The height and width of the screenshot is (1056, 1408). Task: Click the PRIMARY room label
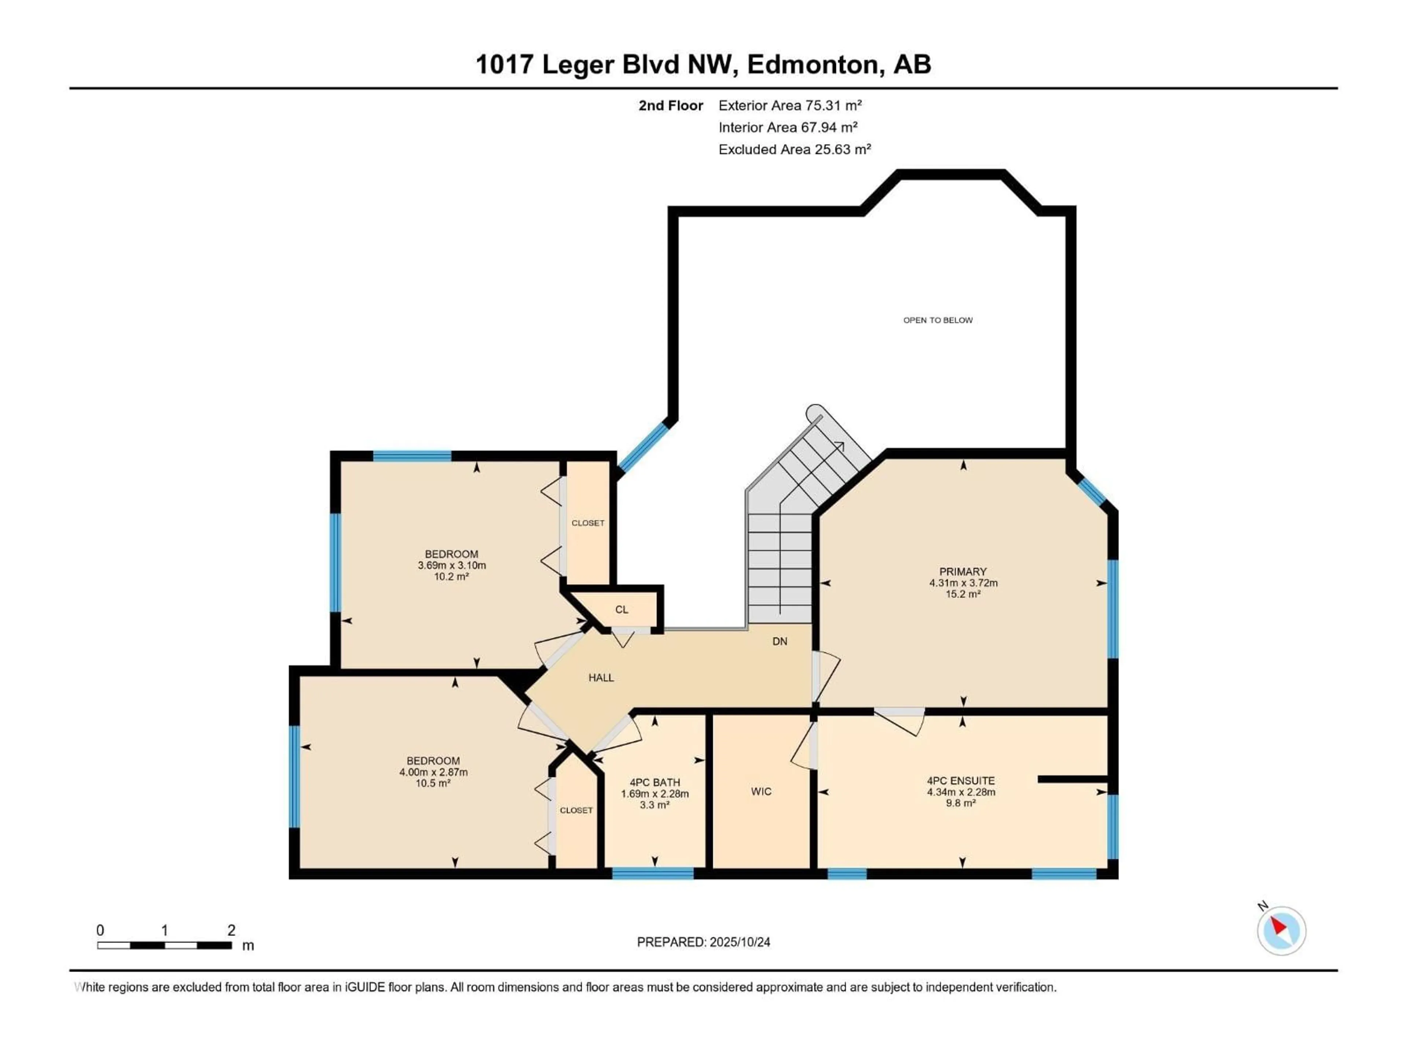click(962, 572)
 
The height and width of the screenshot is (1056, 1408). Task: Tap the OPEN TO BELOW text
click(938, 320)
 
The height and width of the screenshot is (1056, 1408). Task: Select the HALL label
click(601, 678)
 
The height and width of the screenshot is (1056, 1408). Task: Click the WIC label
click(761, 791)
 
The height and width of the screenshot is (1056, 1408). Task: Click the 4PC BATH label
click(654, 783)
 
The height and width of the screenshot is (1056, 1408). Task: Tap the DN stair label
click(780, 642)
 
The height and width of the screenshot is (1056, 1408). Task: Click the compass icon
click(1281, 931)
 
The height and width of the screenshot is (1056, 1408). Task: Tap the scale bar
click(164, 945)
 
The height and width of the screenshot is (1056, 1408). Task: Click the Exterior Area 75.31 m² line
click(790, 106)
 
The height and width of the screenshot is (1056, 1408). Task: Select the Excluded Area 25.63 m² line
click(795, 150)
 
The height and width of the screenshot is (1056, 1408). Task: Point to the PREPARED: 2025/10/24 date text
click(703, 942)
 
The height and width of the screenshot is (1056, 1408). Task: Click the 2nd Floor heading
click(671, 106)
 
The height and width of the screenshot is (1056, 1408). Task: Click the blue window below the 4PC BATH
click(652, 873)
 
